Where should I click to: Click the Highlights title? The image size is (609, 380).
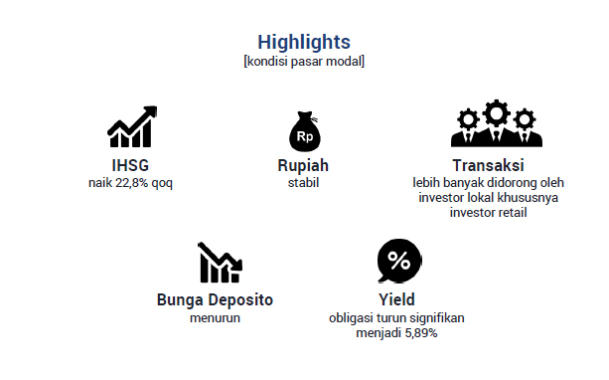[304, 42]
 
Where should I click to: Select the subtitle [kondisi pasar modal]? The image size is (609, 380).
[304, 62]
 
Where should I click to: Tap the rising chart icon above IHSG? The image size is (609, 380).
[132, 126]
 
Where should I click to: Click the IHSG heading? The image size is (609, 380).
[130, 165]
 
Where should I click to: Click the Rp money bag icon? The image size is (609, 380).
[305, 131]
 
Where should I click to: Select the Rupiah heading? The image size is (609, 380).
[303, 166]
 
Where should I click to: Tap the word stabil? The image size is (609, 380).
[303, 183]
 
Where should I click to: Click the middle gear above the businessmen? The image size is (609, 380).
[497, 112]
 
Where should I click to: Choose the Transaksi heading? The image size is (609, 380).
[488, 165]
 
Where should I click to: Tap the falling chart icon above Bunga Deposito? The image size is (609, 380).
[220, 263]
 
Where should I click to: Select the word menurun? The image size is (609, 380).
[215, 318]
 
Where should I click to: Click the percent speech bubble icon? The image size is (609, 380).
[398, 261]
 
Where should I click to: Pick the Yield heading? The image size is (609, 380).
[397, 299]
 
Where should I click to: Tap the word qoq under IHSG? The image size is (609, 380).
[162, 183]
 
